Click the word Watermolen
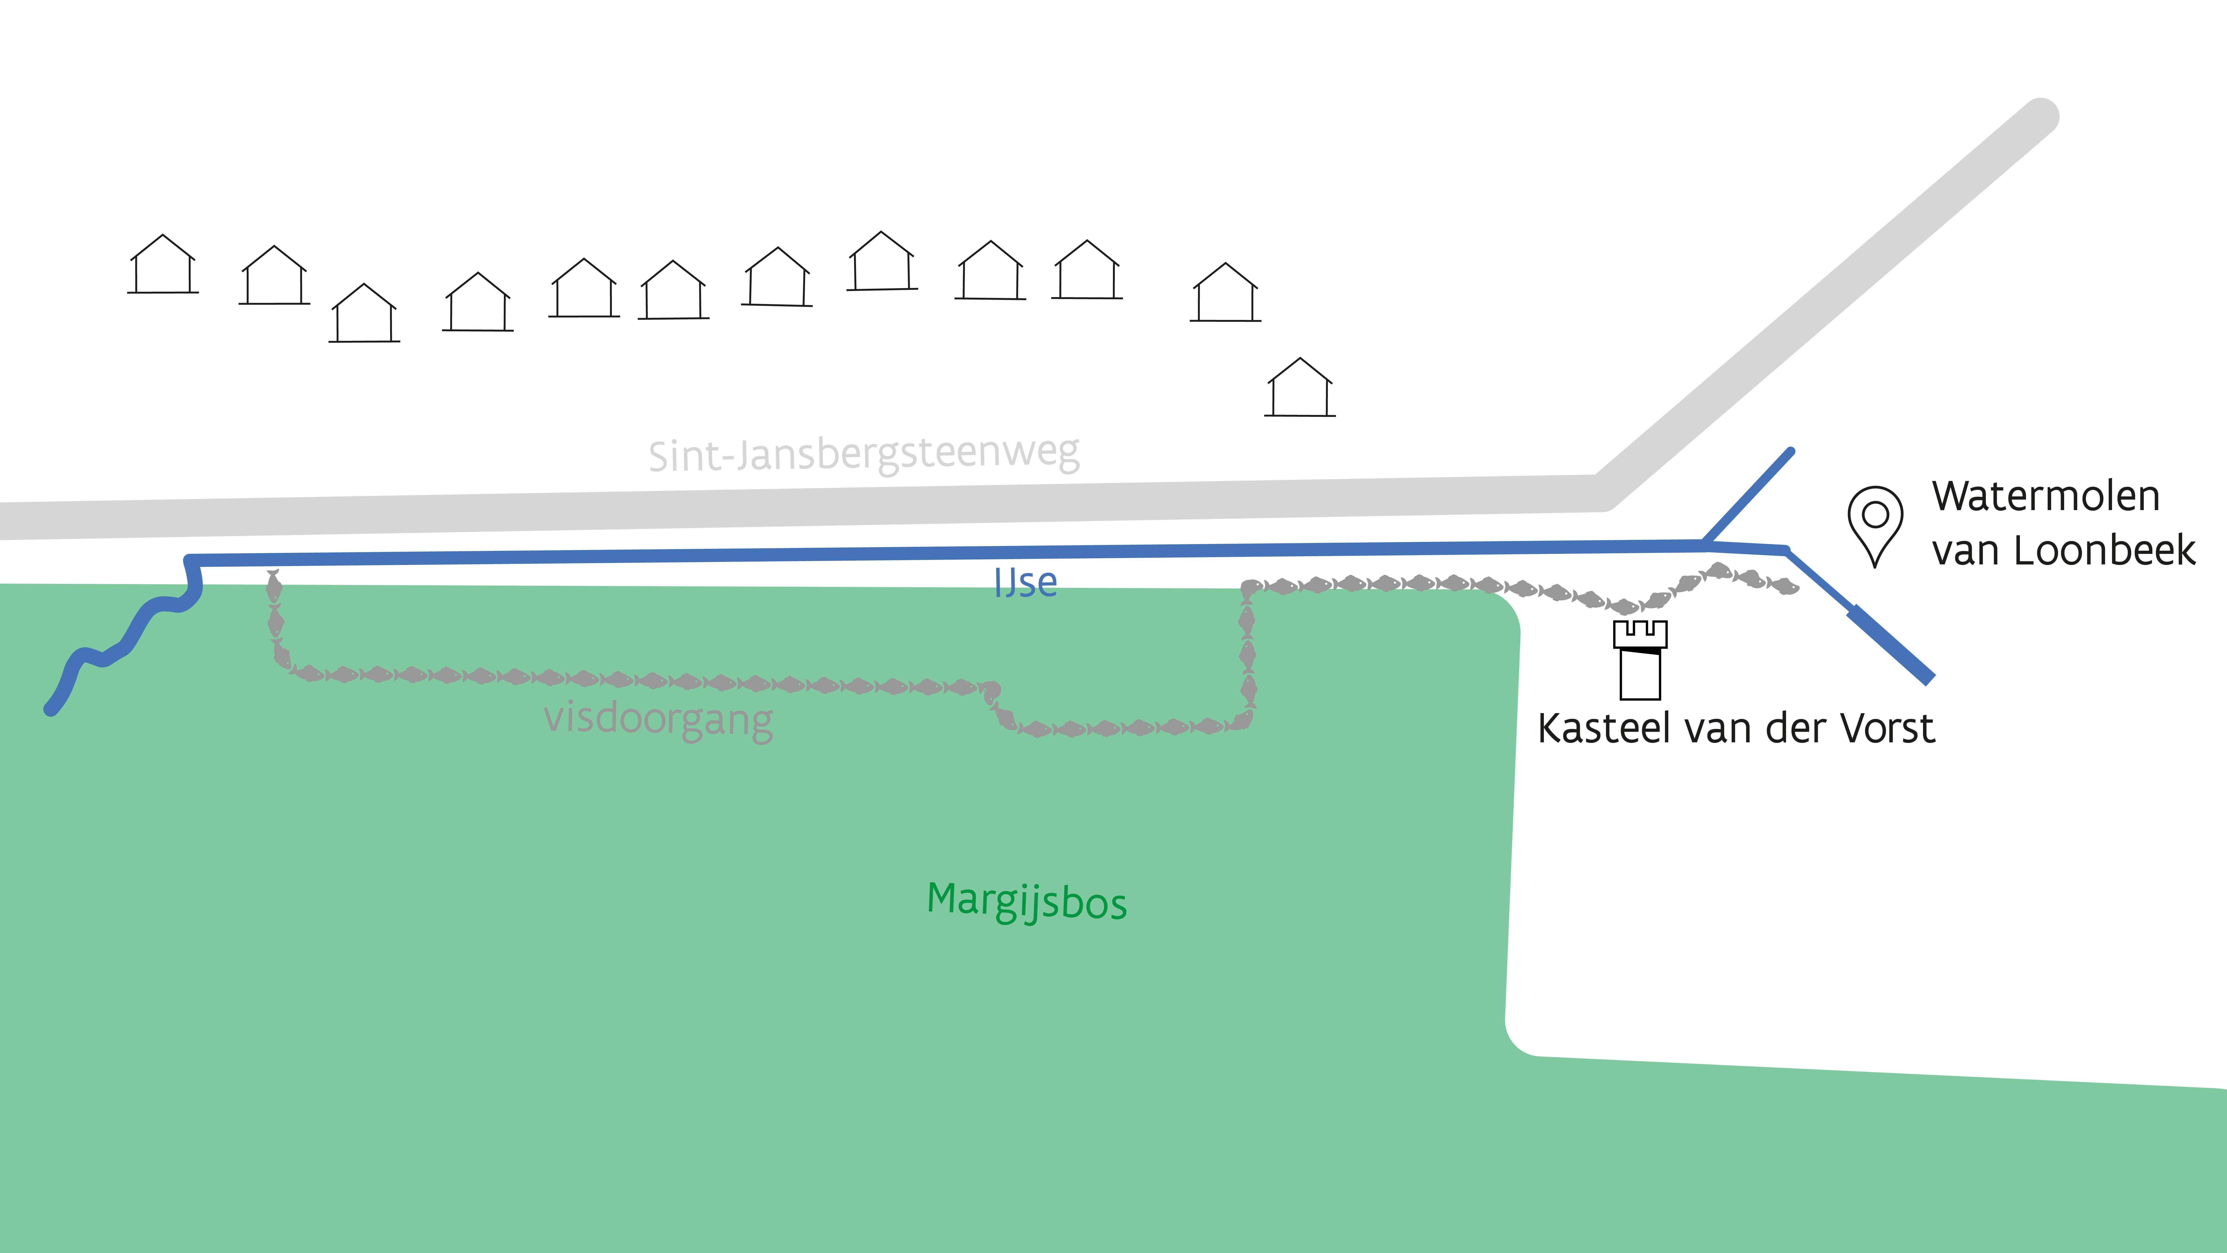[x=2045, y=496]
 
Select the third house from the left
[x=364, y=314]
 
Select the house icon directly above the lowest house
[x=1225, y=293]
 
